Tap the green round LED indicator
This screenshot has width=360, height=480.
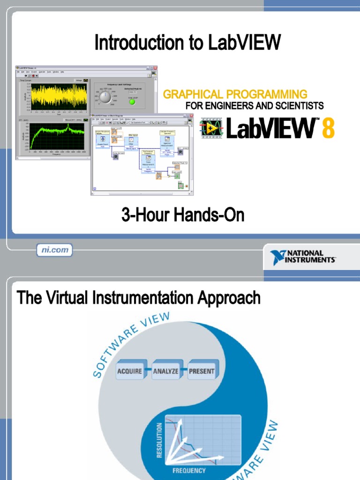(x=132, y=102)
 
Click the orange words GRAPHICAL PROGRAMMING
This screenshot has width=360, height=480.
(x=235, y=94)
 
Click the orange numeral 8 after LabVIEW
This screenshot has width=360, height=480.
(x=328, y=128)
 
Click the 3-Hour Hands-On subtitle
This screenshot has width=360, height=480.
(x=183, y=216)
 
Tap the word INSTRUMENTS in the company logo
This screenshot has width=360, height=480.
(x=311, y=260)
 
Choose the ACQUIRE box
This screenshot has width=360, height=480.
(x=129, y=371)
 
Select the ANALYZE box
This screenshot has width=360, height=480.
(x=165, y=371)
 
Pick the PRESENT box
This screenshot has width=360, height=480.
(x=202, y=371)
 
